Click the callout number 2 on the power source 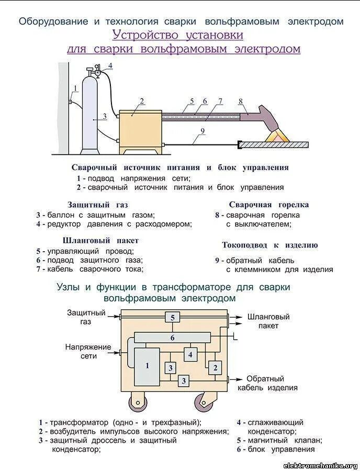[142, 101]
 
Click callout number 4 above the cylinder [110, 65]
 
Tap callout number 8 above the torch [240, 101]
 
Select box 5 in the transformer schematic [172, 317]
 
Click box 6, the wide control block [172, 338]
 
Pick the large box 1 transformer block [147, 366]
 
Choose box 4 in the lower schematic [190, 354]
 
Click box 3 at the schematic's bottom [183, 381]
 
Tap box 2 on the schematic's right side [215, 368]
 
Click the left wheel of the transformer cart [138, 403]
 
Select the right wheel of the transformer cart [205, 403]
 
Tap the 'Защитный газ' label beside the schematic [86, 317]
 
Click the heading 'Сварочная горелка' [269, 205]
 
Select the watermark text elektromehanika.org [320, 465]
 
